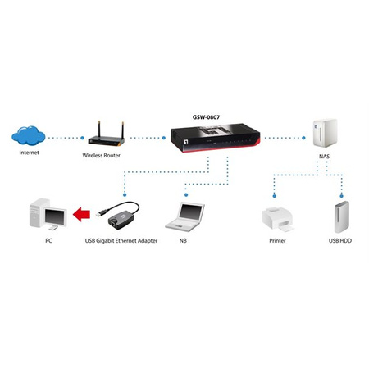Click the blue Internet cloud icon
pos(29,134)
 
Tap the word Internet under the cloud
pos(29,153)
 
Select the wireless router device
pos(102,132)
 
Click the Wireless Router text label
pos(102,154)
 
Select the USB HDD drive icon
pos(342,217)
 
